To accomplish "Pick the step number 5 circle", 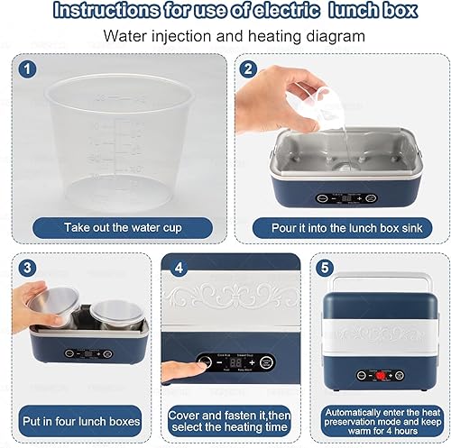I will (x=327, y=267).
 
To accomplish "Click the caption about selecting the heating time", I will (x=230, y=420).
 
